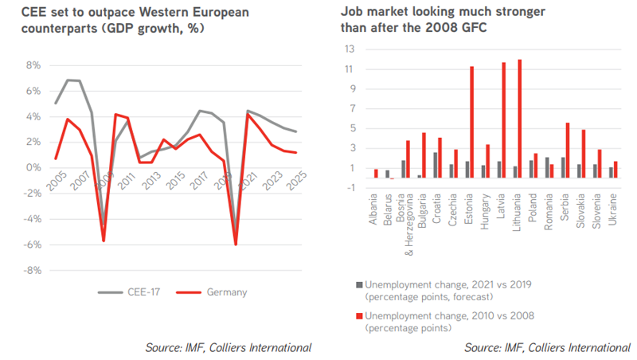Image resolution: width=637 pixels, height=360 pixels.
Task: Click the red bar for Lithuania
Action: [x=520, y=123]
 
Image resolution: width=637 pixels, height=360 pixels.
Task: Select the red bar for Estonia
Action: [x=471, y=127]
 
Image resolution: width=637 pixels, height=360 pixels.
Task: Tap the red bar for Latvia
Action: [x=504, y=125]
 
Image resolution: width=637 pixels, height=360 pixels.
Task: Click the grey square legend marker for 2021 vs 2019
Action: [x=360, y=284]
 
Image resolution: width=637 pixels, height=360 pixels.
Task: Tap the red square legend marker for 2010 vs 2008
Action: [x=360, y=315]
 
